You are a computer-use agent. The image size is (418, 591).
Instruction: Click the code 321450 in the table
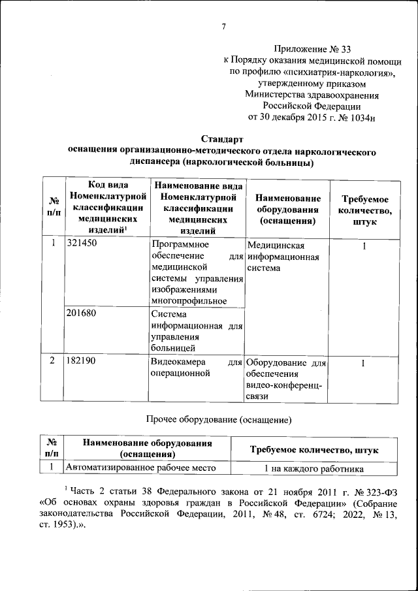[x=82, y=246]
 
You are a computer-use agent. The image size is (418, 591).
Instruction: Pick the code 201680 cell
[x=82, y=314]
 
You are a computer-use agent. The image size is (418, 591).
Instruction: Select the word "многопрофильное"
[x=188, y=301]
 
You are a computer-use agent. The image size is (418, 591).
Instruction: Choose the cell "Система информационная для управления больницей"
[x=195, y=331]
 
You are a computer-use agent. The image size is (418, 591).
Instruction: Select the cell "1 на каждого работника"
[x=313, y=468]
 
